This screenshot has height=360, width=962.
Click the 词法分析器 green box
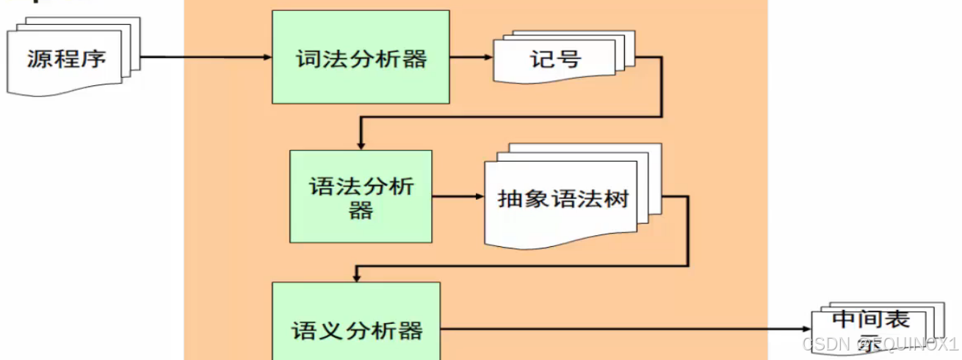tap(361, 57)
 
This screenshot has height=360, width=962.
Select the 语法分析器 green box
tap(361, 196)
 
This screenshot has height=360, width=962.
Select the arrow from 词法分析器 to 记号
tap(471, 57)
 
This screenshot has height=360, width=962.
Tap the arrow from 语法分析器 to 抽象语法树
tap(457, 197)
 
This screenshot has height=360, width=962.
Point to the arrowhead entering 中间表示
tap(806, 330)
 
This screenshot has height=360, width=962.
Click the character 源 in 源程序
tap(40, 58)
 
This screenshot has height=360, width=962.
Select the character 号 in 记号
tap(568, 58)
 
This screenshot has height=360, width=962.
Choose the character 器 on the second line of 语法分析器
tap(361, 211)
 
